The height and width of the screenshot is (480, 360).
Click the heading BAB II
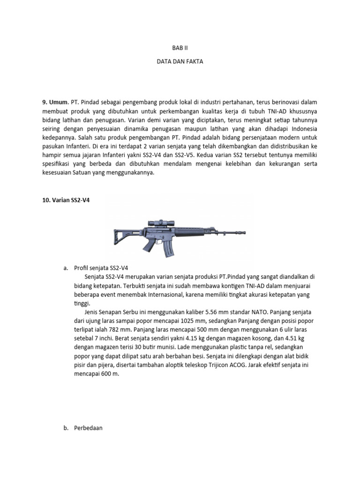click(180, 48)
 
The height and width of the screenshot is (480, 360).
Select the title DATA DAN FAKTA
click(180, 61)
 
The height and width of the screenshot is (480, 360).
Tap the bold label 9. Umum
click(55, 102)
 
